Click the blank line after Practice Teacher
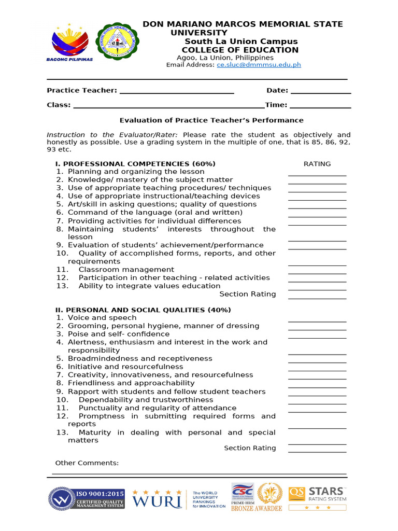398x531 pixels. (177, 92)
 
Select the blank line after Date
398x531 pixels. (321, 92)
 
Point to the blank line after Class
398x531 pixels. (169, 106)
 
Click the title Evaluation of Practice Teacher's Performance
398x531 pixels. (211, 120)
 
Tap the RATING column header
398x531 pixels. (317, 164)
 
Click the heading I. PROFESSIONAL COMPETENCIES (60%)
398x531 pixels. (135, 164)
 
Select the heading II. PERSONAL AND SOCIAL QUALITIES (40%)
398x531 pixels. (143, 310)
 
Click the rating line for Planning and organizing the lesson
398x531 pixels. (317, 175)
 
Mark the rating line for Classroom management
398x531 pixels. (317, 273)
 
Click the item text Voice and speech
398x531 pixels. (102, 318)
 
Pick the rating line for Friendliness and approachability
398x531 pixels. (317, 386)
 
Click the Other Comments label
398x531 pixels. (87, 463)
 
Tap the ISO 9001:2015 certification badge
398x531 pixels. (87, 498)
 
